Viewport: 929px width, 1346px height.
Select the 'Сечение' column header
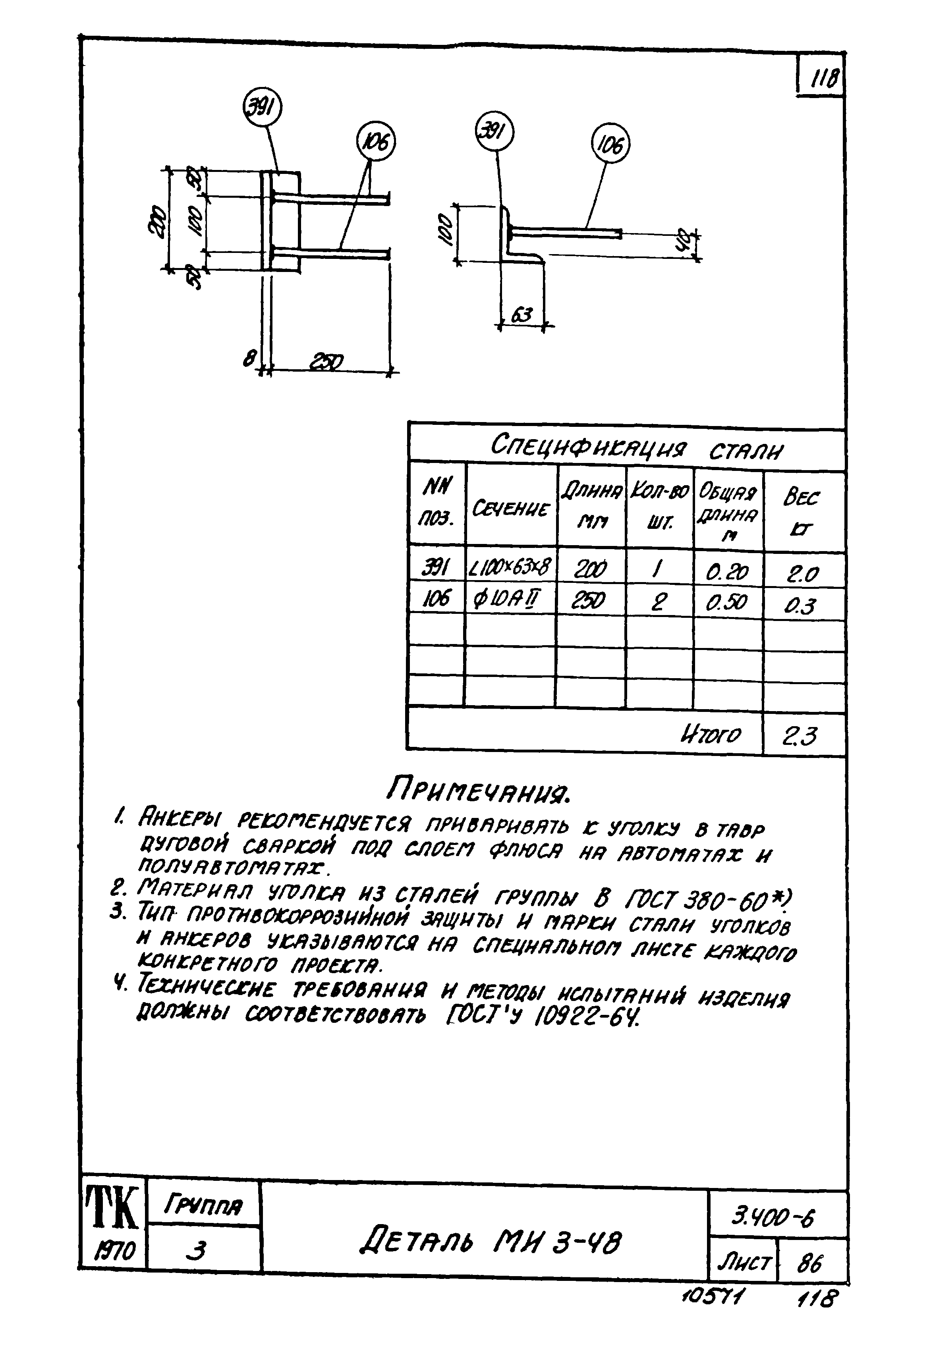point(510,508)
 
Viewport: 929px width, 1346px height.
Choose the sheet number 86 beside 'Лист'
point(810,1263)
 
